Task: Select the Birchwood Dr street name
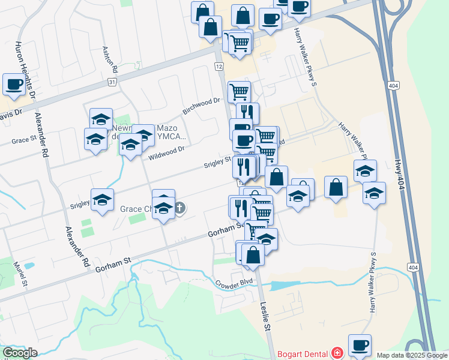click(202, 106)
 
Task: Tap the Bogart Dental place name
click(304, 352)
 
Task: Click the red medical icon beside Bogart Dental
click(337, 352)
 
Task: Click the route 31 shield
click(112, 82)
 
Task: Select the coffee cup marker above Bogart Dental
click(360, 345)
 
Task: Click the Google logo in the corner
click(20, 353)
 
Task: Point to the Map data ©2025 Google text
click(411, 355)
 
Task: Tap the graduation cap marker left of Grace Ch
click(102, 200)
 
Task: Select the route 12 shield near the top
click(219, 65)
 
